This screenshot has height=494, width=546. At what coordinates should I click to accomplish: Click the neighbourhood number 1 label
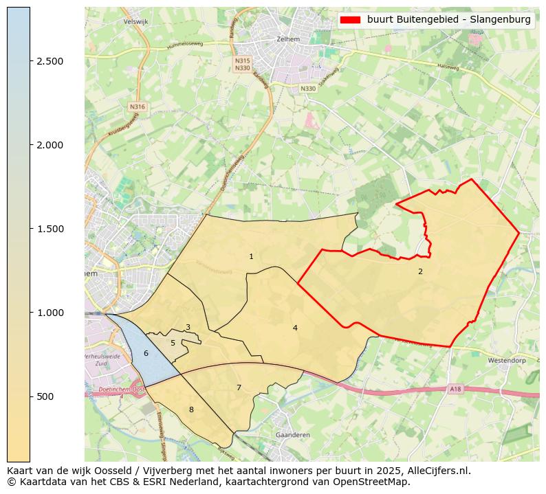click(x=251, y=257)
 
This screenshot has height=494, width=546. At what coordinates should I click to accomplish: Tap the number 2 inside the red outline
click(x=420, y=271)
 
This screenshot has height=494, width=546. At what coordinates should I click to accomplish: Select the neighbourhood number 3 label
click(x=188, y=328)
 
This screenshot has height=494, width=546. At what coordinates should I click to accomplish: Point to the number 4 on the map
click(x=295, y=328)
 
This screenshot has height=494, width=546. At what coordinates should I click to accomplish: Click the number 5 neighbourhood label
click(x=173, y=343)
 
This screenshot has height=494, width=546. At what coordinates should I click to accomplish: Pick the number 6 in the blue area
click(x=146, y=353)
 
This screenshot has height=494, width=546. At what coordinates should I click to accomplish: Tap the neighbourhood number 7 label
click(x=239, y=388)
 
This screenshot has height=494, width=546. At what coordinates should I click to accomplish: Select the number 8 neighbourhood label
click(x=191, y=409)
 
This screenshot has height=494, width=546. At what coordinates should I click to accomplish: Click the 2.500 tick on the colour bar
click(x=50, y=61)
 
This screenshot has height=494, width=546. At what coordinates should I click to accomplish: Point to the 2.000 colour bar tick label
click(x=50, y=145)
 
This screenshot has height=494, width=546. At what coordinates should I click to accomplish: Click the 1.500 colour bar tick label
click(x=50, y=229)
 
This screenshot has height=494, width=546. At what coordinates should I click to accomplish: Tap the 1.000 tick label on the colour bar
click(x=50, y=313)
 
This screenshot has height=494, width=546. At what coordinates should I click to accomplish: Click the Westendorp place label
click(x=506, y=360)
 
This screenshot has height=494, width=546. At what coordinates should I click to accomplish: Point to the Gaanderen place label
click(x=292, y=435)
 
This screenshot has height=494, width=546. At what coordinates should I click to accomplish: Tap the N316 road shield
click(x=138, y=107)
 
